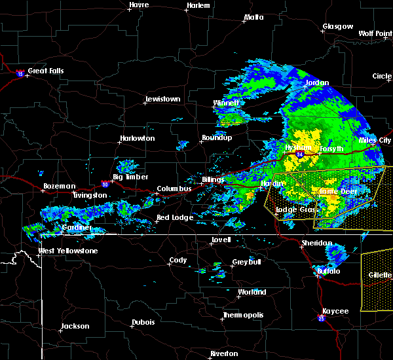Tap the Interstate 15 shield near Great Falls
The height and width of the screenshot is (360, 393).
(x=20, y=74)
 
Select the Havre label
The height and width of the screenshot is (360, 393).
(x=139, y=5)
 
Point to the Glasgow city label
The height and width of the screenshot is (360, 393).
(x=337, y=27)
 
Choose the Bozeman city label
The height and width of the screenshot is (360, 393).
(x=58, y=186)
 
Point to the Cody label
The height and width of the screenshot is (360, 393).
(x=178, y=260)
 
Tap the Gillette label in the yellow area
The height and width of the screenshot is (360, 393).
(x=380, y=276)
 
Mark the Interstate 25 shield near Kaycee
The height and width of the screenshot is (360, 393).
(x=321, y=319)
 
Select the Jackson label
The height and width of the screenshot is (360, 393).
(x=75, y=326)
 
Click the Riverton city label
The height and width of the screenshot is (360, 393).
(x=223, y=353)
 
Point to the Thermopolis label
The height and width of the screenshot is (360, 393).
(x=244, y=315)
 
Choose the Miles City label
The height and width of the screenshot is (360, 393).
(x=375, y=140)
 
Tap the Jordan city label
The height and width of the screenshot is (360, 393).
(x=318, y=83)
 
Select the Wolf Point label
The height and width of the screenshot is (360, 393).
(x=375, y=33)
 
